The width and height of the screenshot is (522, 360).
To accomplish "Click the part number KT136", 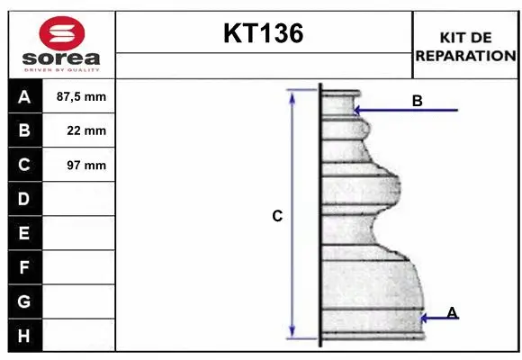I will click(x=263, y=34).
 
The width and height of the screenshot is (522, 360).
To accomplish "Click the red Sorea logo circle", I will click(x=62, y=35).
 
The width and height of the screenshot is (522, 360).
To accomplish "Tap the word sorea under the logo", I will click(x=62, y=59).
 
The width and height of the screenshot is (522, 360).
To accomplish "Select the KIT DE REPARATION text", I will click(x=465, y=46).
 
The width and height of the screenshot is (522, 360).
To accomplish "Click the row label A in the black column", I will click(x=24, y=96).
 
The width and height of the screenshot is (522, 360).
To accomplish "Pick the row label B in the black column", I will click(x=24, y=130).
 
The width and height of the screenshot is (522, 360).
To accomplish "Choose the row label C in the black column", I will click(x=24, y=165).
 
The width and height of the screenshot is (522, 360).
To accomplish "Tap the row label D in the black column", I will click(x=24, y=199).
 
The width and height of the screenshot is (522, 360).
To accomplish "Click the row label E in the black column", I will click(x=24, y=233).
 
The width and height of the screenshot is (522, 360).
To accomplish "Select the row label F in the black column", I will click(x=24, y=267).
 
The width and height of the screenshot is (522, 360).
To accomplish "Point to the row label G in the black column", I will click(x=24, y=301).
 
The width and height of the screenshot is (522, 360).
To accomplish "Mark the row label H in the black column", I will click(x=24, y=336).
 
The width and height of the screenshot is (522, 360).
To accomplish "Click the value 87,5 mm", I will click(x=81, y=96).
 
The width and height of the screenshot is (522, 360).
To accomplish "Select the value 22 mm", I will click(x=86, y=130).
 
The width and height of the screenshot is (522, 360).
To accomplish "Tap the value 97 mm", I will click(x=86, y=165).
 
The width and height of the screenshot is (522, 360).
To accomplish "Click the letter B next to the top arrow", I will click(x=417, y=101).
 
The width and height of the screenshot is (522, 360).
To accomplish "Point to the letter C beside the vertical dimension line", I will click(x=277, y=216).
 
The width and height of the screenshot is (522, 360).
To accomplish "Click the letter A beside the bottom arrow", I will click(x=452, y=312).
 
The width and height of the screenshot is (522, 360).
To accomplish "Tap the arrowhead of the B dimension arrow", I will click(x=357, y=111).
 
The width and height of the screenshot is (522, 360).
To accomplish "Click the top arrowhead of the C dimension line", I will click(x=292, y=94).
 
